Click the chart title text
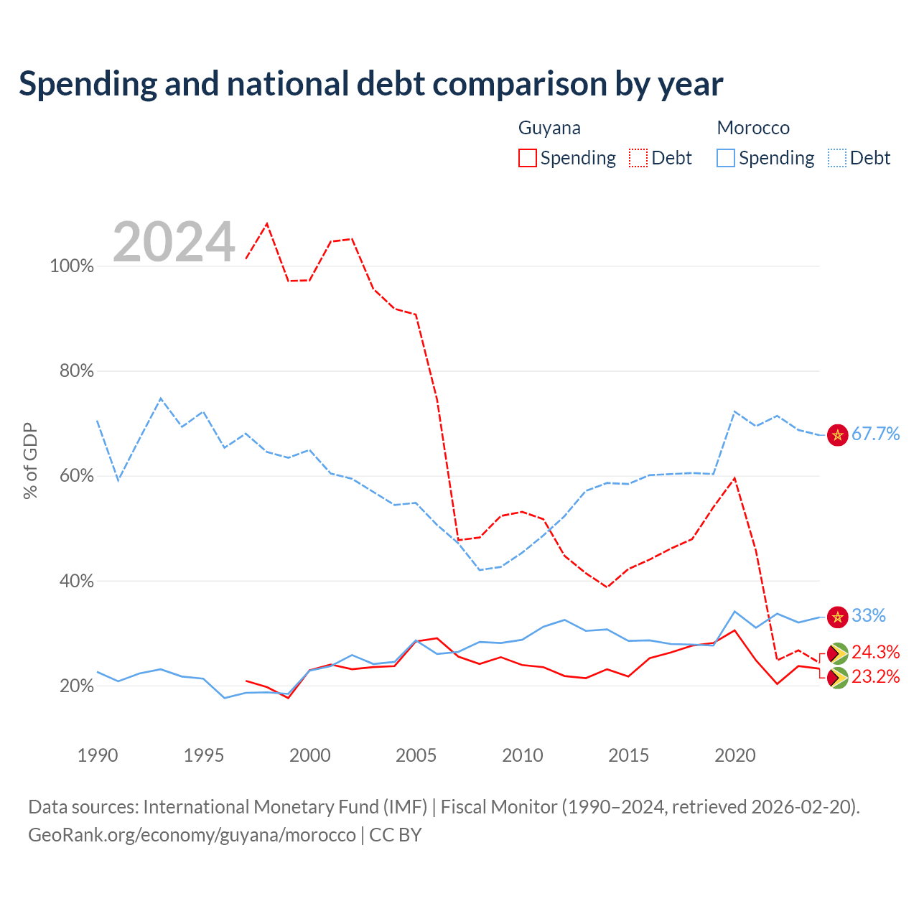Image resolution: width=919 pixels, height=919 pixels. pyautogui.click(x=370, y=84)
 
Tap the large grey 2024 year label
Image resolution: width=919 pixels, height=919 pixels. pyautogui.click(x=174, y=241)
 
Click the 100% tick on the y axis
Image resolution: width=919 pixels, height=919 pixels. pyautogui.click(x=72, y=266)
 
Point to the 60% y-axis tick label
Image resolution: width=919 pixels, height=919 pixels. pyautogui.click(x=76, y=475)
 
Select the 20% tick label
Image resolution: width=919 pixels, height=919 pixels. pyautogui.click(x=76, y=686)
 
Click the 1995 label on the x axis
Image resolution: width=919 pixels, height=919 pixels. pyautogui.click(x=204, y=755)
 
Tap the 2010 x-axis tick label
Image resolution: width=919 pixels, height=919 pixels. pyautogui.click(x=522, y=755)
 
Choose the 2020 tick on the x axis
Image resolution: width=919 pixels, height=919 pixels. pyautogui.click(x=735, y=755)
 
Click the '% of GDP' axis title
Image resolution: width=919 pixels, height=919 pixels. pyautogui.click(x=31, y=461)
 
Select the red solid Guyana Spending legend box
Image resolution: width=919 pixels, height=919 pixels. pyautogui.click(x=528, y=158)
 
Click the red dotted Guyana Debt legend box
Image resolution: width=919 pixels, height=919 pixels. pyautogui.click(x=638, y=158)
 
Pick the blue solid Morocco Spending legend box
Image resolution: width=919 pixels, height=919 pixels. pyautogui.click(x=726, y=158)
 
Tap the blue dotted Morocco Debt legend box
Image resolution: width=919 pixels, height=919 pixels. pyautogui.click(x=837, y=158)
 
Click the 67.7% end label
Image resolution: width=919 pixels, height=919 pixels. pyautogui.click(x=876, y=434)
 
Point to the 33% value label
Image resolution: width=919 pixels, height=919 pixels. pyautogui.click(x=869, y=616)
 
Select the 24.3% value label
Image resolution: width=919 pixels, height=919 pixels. pyautogui.click(x=876, y=652)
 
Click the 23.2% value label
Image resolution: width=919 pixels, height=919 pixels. pyautogui.click(x=876, y=677)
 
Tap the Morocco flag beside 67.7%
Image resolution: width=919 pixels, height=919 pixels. pyautogui.click(x=837, y=435)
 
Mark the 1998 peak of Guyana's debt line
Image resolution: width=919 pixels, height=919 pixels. pyautogui.click(x=267, y=223)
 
